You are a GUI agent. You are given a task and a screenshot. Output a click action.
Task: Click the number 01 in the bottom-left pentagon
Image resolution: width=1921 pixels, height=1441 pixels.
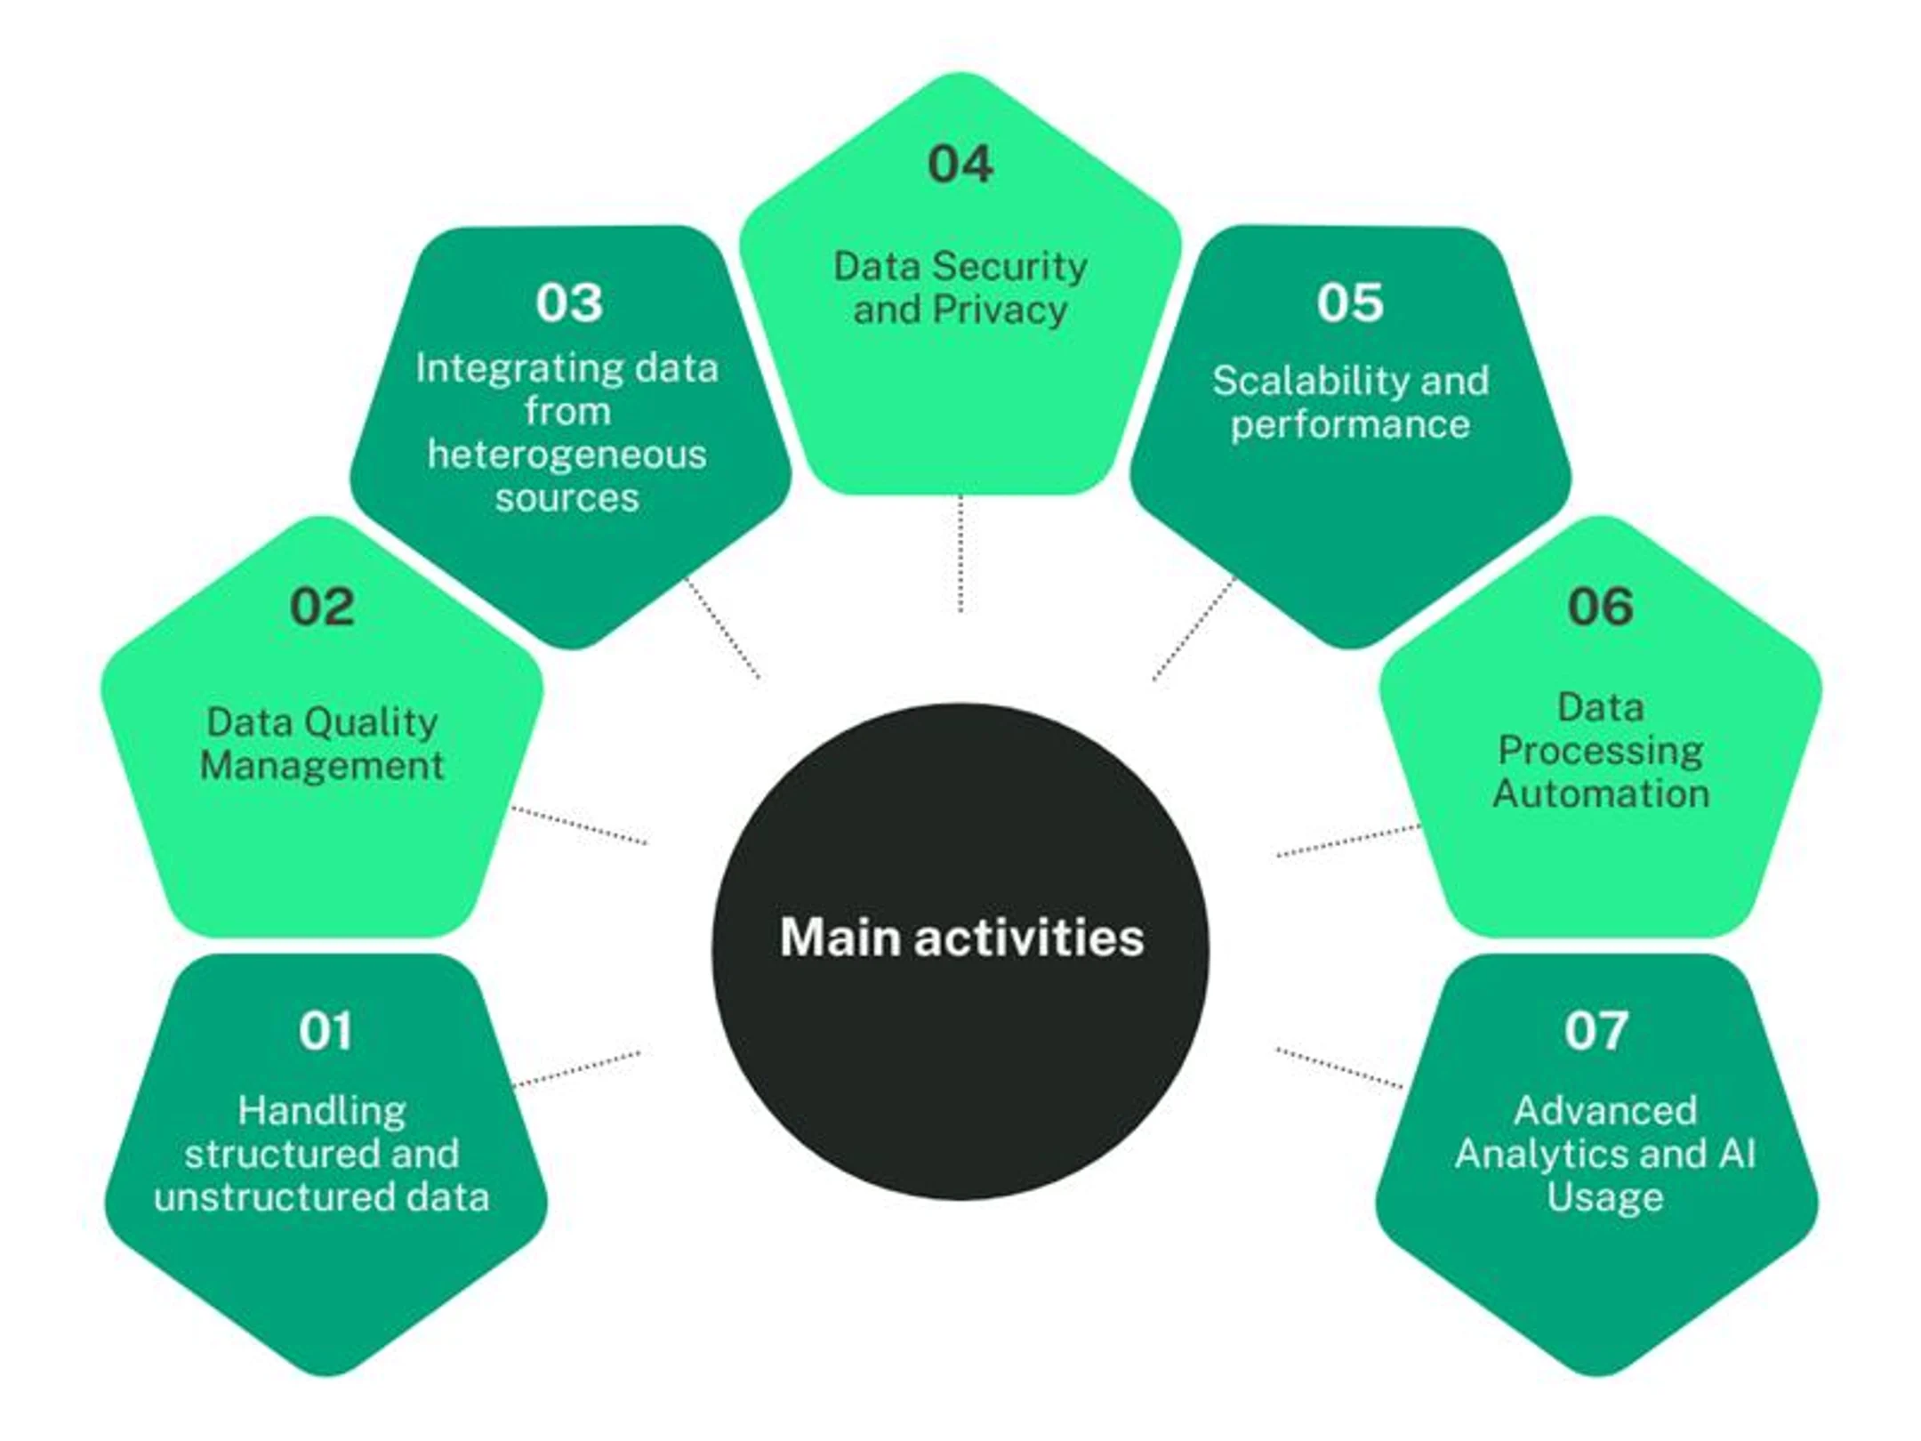tap(325, 1031)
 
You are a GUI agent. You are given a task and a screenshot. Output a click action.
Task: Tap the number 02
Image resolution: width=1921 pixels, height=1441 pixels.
tap(322, 608)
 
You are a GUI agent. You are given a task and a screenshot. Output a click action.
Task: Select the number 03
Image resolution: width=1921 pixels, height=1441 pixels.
tap(569, 302)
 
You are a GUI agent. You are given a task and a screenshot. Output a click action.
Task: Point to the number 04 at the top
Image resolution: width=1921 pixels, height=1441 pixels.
tap(960, 165)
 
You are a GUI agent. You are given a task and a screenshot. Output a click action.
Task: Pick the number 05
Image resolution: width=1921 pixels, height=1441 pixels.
tap(1349, 302)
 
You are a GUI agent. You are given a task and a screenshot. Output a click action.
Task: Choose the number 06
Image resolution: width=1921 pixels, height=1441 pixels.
tap(1600, 608)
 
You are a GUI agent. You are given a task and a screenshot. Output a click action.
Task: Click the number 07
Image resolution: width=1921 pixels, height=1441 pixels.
tap(1596, 1031)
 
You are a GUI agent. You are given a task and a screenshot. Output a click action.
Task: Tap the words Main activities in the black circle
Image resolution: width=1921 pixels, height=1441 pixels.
tap(961, 938)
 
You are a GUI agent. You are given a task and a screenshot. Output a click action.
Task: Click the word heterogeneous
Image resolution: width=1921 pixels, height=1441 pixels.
tap(567, 455)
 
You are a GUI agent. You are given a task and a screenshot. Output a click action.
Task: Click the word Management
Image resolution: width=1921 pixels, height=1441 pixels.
tap(321, 766)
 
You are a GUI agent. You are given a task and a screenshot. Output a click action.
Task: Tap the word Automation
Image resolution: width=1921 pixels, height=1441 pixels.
tap(1601, 793)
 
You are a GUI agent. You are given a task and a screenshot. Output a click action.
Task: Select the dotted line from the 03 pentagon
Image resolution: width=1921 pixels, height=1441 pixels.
tap(722, 628)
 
